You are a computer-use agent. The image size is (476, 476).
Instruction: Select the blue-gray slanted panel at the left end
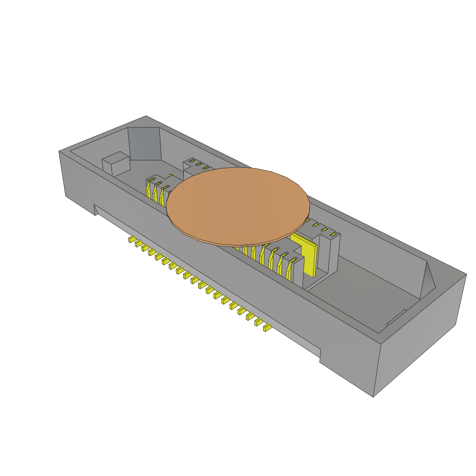(x=145, y=145)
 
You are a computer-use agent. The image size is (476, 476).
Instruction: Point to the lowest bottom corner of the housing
(x=374, y=397)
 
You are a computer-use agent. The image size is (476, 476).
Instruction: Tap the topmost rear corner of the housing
(x=146, y=116)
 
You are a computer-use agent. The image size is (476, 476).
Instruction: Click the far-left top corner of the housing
(x=59, y=151)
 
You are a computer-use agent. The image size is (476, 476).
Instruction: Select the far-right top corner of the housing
(x=466, y=274)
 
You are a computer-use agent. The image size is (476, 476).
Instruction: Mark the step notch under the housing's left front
(x=95, y=210)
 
